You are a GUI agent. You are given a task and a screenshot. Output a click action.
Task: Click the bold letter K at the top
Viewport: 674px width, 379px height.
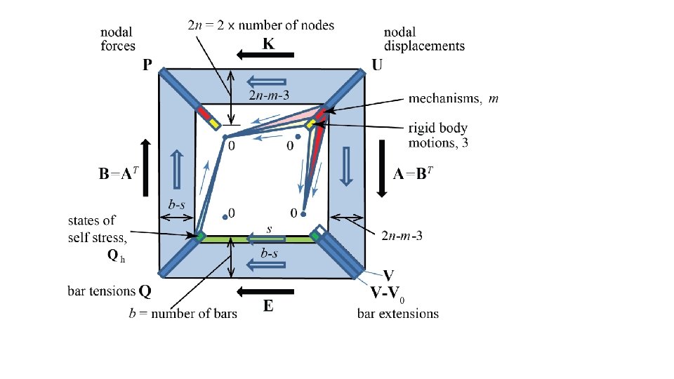269,44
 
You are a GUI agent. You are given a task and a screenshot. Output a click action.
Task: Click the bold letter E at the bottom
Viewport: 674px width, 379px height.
269,306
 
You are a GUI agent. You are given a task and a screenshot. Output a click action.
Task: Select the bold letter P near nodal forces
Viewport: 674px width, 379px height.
147,65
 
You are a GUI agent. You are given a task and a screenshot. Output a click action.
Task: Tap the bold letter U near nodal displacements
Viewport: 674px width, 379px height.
377,65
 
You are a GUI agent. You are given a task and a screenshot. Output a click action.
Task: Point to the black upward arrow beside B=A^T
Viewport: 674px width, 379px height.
146,167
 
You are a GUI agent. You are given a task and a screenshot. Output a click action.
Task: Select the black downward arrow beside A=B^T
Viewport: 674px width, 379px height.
381,168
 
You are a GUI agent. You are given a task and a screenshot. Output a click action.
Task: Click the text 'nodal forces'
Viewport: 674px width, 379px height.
119,39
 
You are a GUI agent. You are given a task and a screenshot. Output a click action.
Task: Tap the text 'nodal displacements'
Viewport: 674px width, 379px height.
423,39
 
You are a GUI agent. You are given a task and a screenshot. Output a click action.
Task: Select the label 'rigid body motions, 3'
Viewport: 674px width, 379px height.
438,135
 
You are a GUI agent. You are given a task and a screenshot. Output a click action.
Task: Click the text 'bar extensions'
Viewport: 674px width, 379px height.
397,313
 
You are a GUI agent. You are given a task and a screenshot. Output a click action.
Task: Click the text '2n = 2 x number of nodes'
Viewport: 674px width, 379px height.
261,25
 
